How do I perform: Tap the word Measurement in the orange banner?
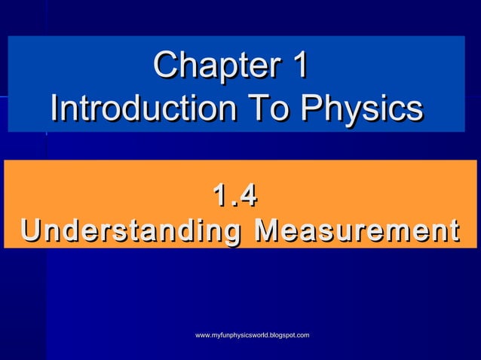point(356,229)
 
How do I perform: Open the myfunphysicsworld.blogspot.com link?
point(252,334)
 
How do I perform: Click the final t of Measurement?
point(452,229)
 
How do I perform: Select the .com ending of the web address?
point(301,334)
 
